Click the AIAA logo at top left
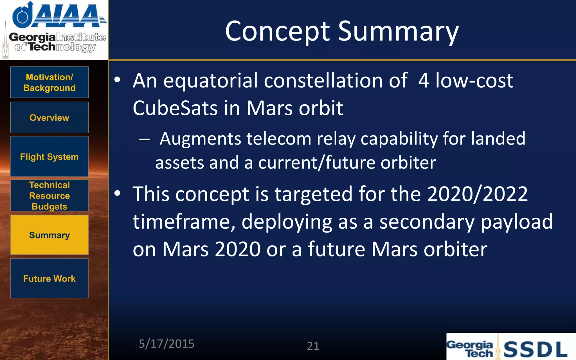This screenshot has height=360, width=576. tap(59, 15)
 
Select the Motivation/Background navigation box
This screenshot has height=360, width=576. tap(49, 82)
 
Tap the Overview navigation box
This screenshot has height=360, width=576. tap(49, 118)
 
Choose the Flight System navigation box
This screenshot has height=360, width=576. tap(49, 157)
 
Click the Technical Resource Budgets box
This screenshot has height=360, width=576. tap(49, 196)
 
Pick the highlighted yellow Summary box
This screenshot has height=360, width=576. tap(49, 235)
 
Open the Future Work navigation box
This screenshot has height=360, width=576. tap(49, 278)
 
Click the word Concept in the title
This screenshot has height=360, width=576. tap(277, 31)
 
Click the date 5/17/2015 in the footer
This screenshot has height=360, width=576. tap(166, 344)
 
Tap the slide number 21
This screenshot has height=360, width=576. tap(313, 346)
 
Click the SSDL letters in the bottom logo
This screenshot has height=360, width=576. tap(535, 349)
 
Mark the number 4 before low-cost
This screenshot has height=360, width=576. tap(424, 81)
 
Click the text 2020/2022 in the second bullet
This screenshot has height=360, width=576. tap(477, 194)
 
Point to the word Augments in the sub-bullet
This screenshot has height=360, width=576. tap(200, 139)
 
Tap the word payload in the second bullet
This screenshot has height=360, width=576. tap(517, 222)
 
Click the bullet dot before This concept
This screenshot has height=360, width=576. tap(117, 193)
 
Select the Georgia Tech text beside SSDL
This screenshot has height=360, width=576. tap(470, 349)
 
